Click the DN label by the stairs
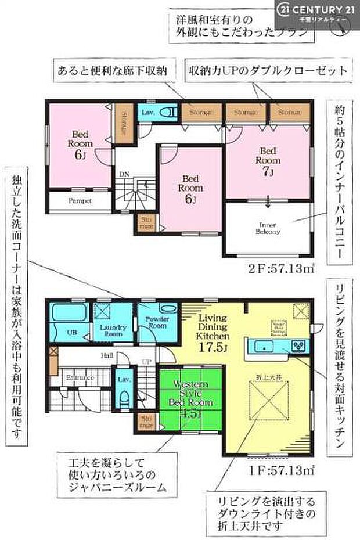click(x=124, y=174)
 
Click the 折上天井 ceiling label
click(x=267, y=379)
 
